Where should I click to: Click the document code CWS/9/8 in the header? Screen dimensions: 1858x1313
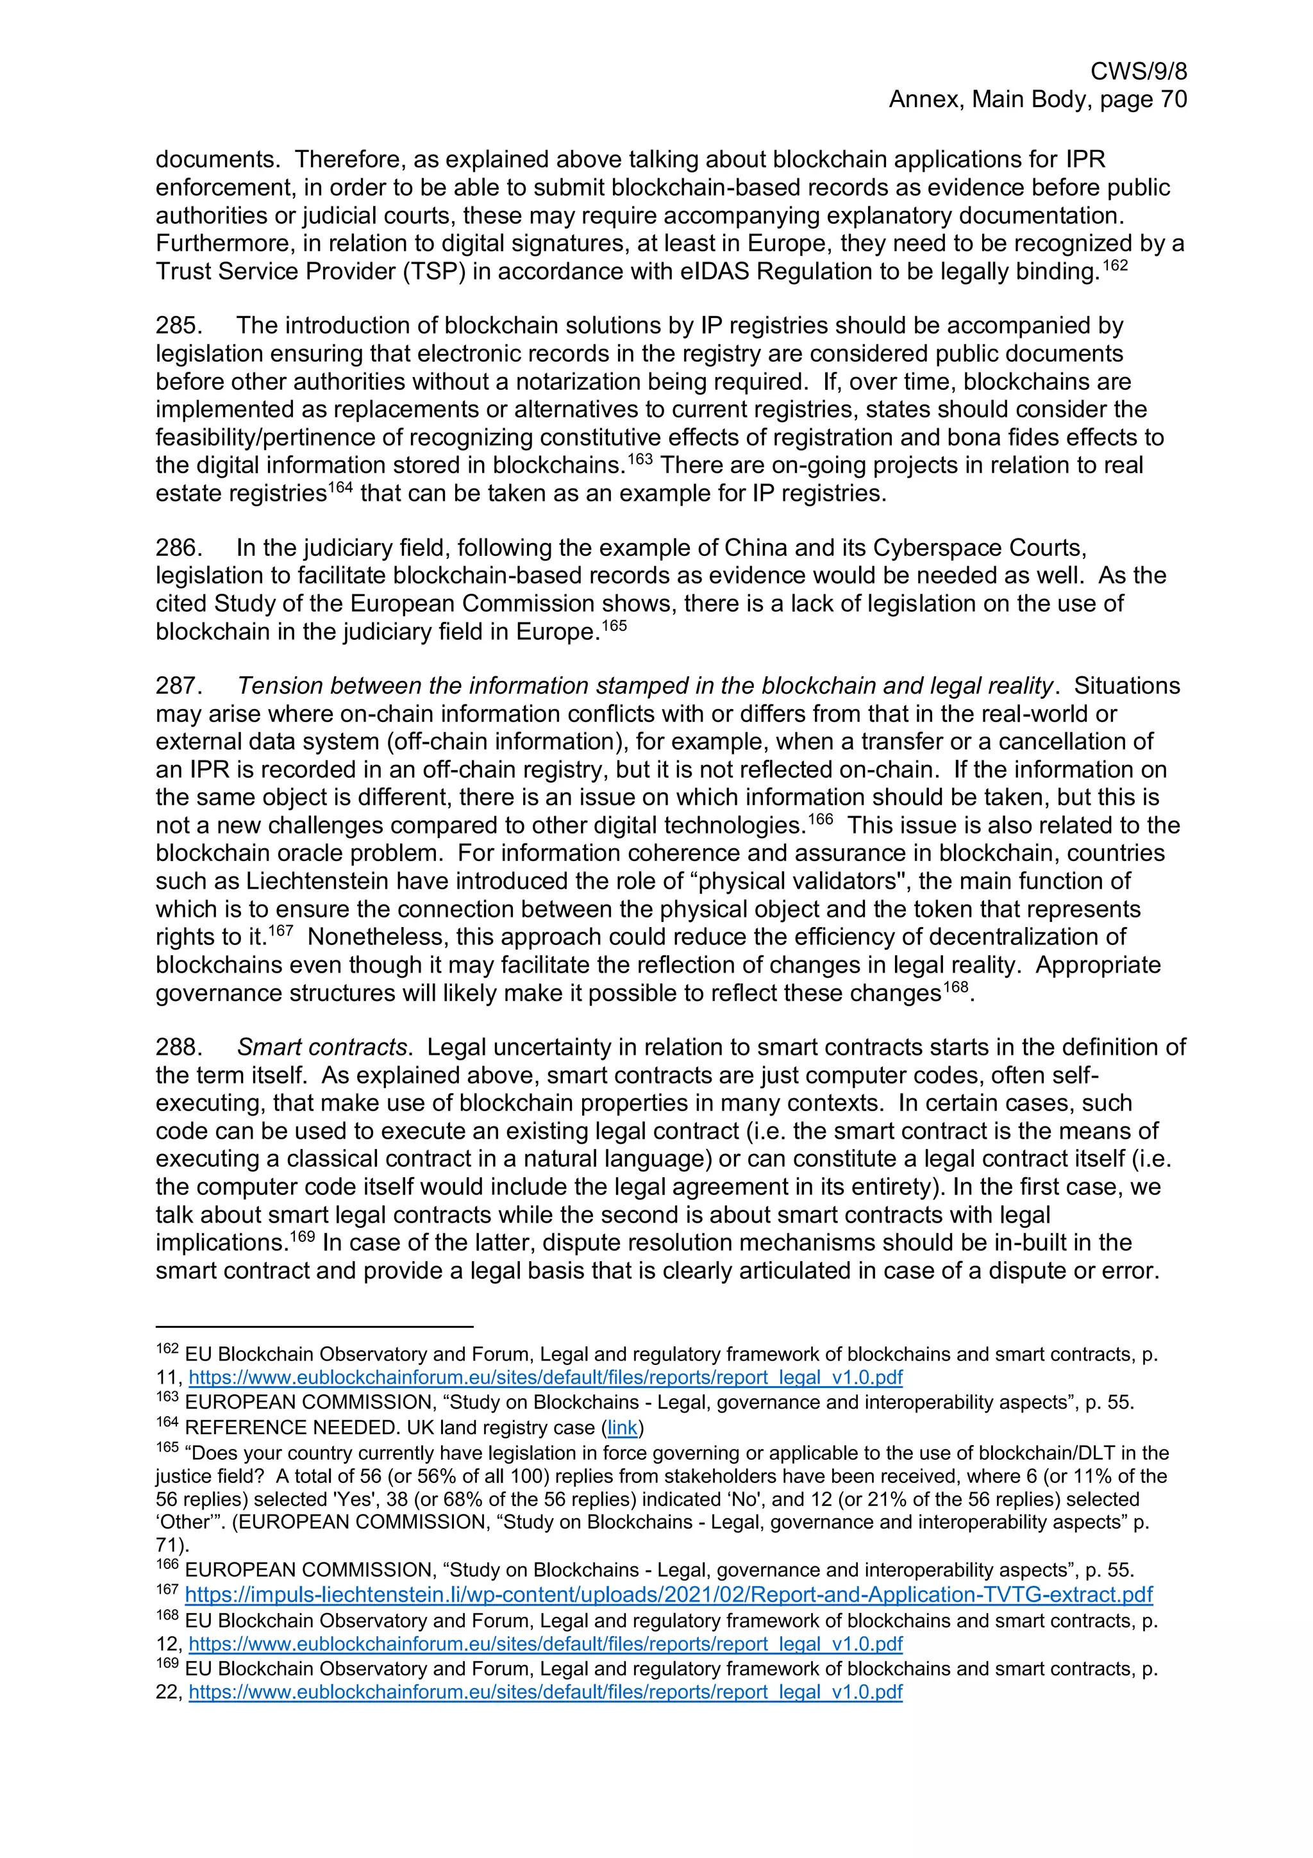1138,71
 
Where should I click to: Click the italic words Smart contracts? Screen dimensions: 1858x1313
322,1047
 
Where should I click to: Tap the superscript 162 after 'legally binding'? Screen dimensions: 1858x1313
1115,265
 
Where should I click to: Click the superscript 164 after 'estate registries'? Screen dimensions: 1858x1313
340,487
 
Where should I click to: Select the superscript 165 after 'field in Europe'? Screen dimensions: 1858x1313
613,626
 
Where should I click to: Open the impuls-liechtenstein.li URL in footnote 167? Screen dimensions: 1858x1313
668,1595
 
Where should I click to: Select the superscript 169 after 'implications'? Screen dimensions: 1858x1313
303,1237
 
